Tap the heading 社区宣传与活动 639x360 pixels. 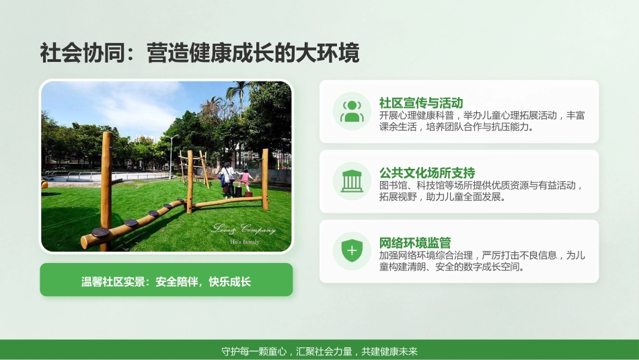tap(420, 103)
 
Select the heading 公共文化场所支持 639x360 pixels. tap(426, 173)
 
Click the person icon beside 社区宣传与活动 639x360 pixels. tap(352, 111)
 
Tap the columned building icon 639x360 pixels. tap(352, 181)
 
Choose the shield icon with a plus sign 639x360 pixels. tap(352, 252)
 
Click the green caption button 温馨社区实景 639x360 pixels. tap(166, 280)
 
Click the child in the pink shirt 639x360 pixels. tap(246, 180)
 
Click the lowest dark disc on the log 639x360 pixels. tap(100, 232)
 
